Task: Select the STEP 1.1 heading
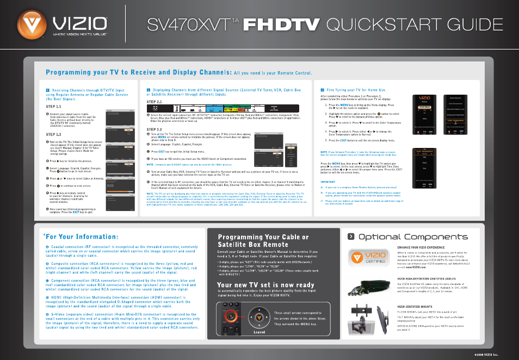point(53,107)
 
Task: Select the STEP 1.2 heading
point(53,134)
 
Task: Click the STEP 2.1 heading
point(155,102)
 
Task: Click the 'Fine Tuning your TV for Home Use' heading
point(356,89)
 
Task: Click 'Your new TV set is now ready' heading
point(265,285)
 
